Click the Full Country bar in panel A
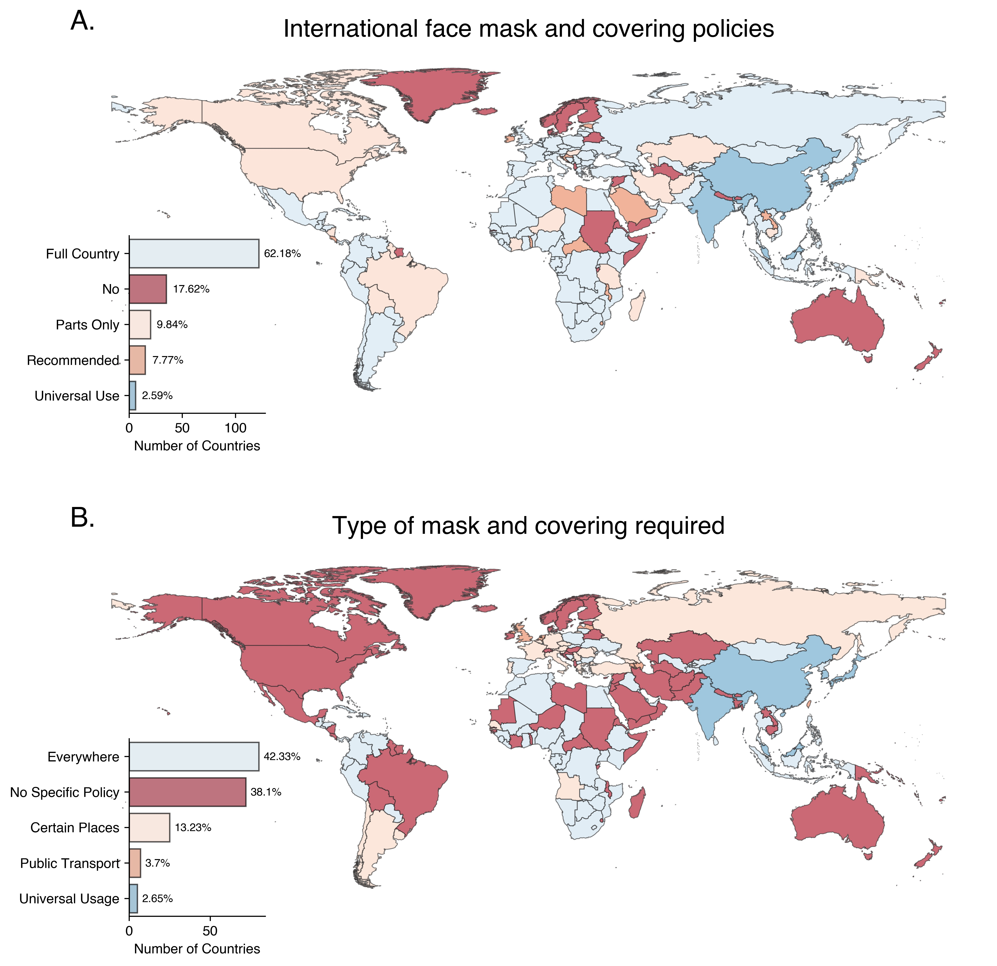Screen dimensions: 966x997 tap(194, 253)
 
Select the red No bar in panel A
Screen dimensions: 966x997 tap(148, 289)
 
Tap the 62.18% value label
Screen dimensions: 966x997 tap(282, 253)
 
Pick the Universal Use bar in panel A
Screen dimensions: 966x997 tap(132, 396)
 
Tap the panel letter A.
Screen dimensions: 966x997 tap(82, 21)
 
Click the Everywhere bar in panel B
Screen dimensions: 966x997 tap(194, 757)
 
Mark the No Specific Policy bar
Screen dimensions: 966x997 tap(187, 792)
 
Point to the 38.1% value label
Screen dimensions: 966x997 tap(266, 792)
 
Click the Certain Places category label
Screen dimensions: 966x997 tap(75, 828)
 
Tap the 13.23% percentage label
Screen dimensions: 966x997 tap(193, 828)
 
